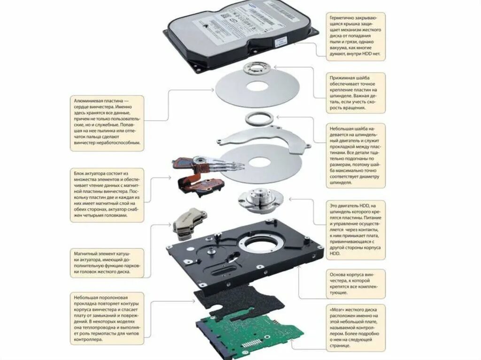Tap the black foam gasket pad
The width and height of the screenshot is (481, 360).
(235, 300)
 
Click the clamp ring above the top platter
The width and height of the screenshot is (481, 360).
(256, 70)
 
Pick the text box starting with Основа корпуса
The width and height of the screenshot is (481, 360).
(356, 283)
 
